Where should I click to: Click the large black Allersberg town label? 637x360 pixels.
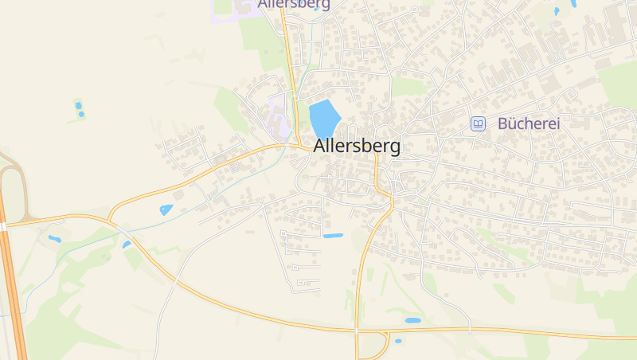pos(357,147)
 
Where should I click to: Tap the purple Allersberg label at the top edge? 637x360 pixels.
pos(294,4)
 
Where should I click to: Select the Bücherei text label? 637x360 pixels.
pos(529,123)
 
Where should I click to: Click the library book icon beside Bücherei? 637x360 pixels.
pos(478,123)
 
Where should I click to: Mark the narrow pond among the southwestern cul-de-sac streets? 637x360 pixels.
pos(333,236)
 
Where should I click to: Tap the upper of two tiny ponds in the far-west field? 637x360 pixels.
pos(78,105)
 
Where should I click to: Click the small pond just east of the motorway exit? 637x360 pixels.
pos(54,238)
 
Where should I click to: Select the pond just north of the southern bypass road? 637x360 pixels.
pos(412,320)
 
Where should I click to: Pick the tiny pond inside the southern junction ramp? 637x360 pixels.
pos(398,341)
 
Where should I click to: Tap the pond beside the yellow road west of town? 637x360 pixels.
pos(166,210)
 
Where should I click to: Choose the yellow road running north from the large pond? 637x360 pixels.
pos(287,48)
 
